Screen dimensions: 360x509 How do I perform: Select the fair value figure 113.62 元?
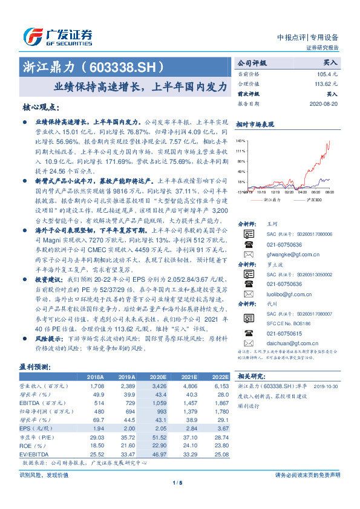[324, 84]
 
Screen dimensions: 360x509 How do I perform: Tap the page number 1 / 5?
[177, 482]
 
